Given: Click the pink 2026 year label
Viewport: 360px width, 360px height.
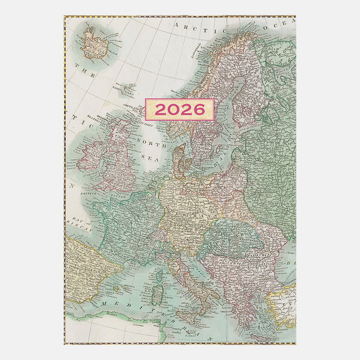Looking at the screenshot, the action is (179, 109).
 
